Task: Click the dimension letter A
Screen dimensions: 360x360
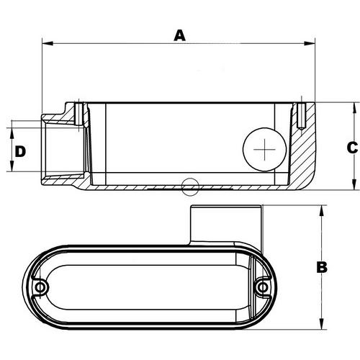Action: pyautogui.click(x=180, y=35)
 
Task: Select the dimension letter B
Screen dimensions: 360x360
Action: pyautogui.click(x=322, y=267)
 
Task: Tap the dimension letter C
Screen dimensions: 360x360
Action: pyautogui.click(x=352, y=148)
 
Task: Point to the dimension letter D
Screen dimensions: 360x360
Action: pyautogui.click(x=20, y=151)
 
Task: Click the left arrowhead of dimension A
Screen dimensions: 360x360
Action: pyautogui.click(x=48, y=43)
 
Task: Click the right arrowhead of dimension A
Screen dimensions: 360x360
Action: pyautogui.click(x=310, y=43)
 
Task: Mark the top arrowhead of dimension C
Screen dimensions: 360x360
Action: pyautogui.click(x=354, y=108)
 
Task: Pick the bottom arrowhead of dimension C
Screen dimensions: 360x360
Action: pyautogui.click(x=354, y=184)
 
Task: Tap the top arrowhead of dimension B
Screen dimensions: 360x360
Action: pyautogui.click(x=322, y=211)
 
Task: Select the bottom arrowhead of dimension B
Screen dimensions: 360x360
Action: pyautogui.click(x=322, y=324)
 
